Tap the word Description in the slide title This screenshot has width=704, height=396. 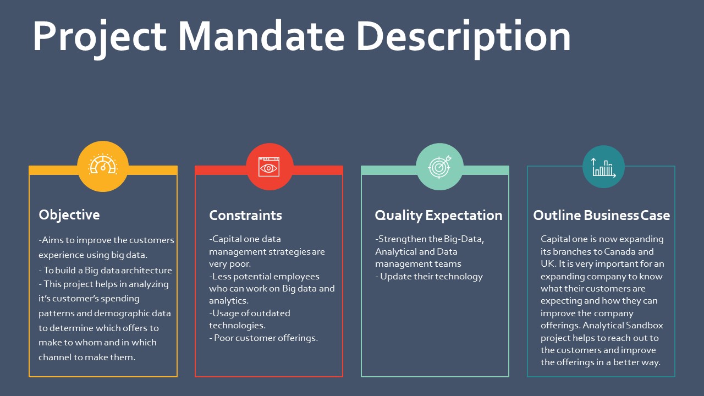point(464,38)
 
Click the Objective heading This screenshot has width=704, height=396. point(69,216)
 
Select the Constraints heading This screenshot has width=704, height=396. point(245,215)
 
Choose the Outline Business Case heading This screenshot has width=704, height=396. point(601,215)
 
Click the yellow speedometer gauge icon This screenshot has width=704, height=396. point(103,164)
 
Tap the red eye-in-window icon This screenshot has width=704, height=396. point(269,167)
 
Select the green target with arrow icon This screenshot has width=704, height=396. point(439,167)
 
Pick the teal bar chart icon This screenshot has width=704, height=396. point(603,168)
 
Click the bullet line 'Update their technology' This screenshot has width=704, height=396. point(429,277)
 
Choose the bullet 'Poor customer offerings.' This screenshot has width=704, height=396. point(263,338)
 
